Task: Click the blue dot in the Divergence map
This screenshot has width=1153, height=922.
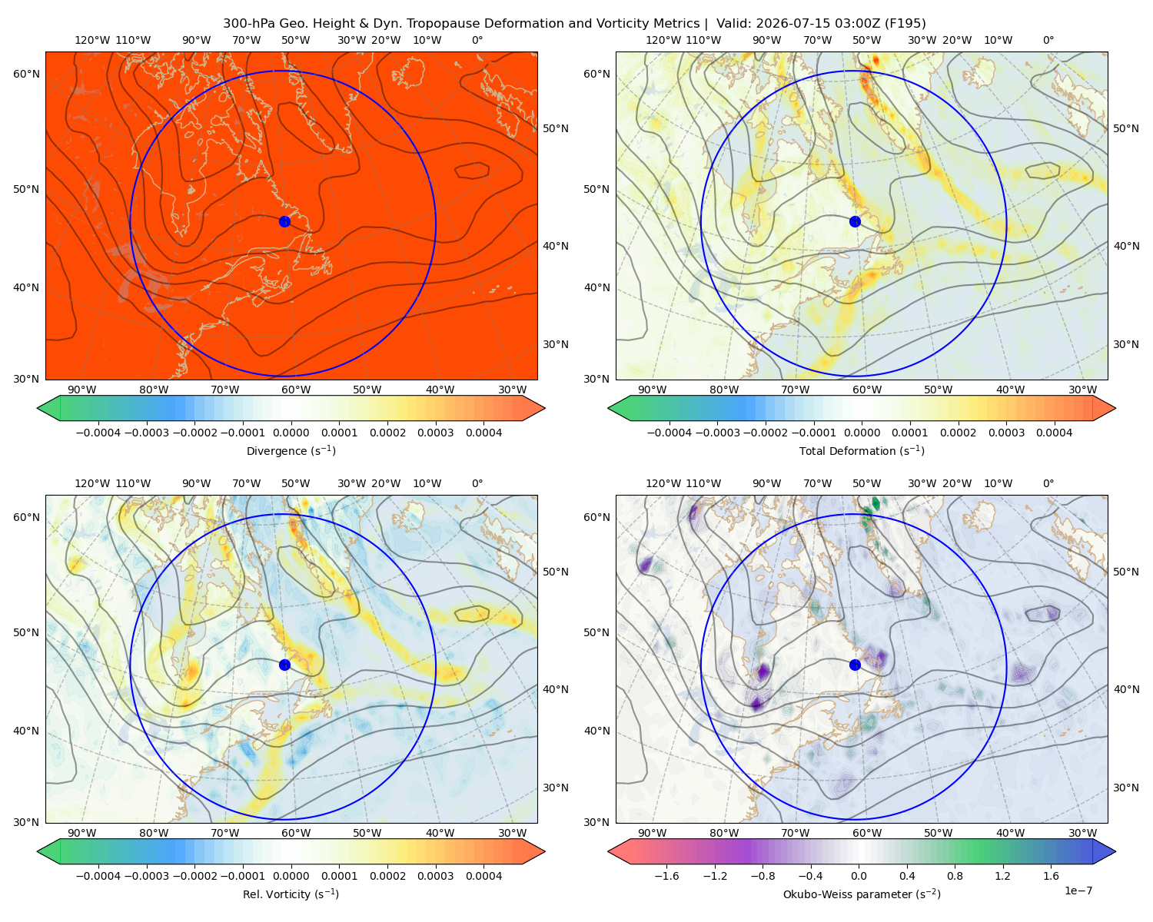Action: [x=284, y=221]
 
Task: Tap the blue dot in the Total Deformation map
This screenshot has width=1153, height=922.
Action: [x=855, y=221]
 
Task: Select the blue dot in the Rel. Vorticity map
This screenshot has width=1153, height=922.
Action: [x=284, y=665]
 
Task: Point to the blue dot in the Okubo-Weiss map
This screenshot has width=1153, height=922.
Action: [x=855, y=665]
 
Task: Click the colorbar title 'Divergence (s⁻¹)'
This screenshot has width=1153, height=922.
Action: [x=291, y=450]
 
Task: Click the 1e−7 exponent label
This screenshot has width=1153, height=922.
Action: [x=1078, y=890]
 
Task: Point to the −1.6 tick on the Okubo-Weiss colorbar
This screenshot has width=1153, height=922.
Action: [x=666, y=876]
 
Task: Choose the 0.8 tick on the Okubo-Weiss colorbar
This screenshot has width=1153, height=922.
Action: [x=955, y=876]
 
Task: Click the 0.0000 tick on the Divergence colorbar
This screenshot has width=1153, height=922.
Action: [x=291, y=433]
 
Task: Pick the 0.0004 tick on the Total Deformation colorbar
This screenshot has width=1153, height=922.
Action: [x=1054, y=433]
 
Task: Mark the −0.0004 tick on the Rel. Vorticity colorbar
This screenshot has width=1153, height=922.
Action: [x=98, y=876]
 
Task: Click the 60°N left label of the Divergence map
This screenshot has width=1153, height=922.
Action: [x=26, y=74]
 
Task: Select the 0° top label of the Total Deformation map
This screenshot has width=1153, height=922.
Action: [x=1048, y=40]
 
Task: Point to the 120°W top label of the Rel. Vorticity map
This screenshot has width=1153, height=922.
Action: [x=92, y=483]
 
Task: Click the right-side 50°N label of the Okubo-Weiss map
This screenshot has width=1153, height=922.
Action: [x=1125, y=572]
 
